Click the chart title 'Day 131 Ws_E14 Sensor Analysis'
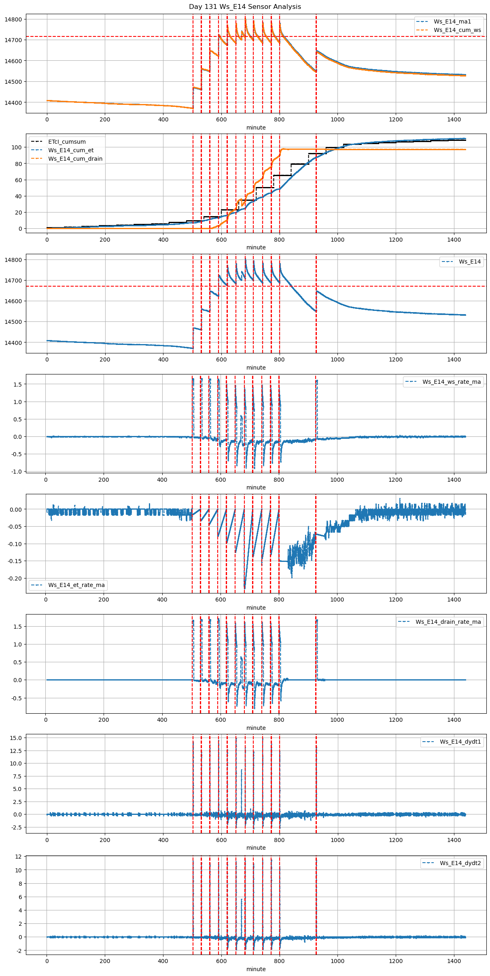[x=245, y=6]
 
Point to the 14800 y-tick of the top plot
[x=14, y=19]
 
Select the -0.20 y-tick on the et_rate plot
[x=15, y=578]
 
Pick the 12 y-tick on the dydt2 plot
[x=19, y=857]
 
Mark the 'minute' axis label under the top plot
[x=256, y=128]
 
